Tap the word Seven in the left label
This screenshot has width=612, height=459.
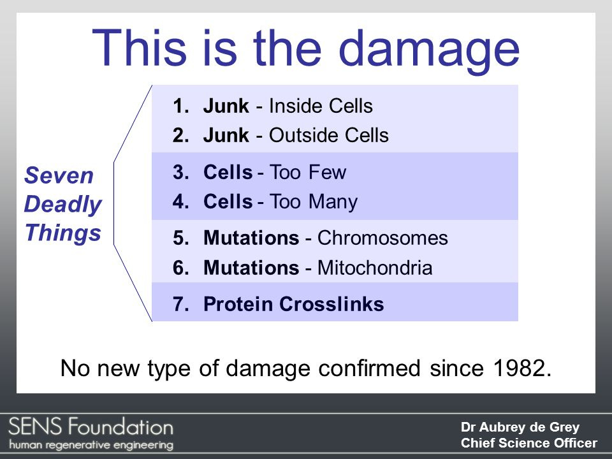click(59, 176)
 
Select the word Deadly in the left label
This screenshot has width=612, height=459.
click(62, 205)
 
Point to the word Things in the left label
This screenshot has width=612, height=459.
click(62, 233)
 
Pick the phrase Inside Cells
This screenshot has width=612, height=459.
click(321, 106)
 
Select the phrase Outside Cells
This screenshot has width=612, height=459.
click(328, 136)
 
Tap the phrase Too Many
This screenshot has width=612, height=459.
click(314, 202)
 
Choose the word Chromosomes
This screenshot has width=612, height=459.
click(382, 238)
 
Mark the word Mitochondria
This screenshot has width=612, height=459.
click(375, 268)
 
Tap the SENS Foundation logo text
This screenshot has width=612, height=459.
click(91, 425)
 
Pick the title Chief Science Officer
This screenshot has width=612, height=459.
click(528, 443)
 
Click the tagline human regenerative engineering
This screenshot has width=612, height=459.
click(91, 444)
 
